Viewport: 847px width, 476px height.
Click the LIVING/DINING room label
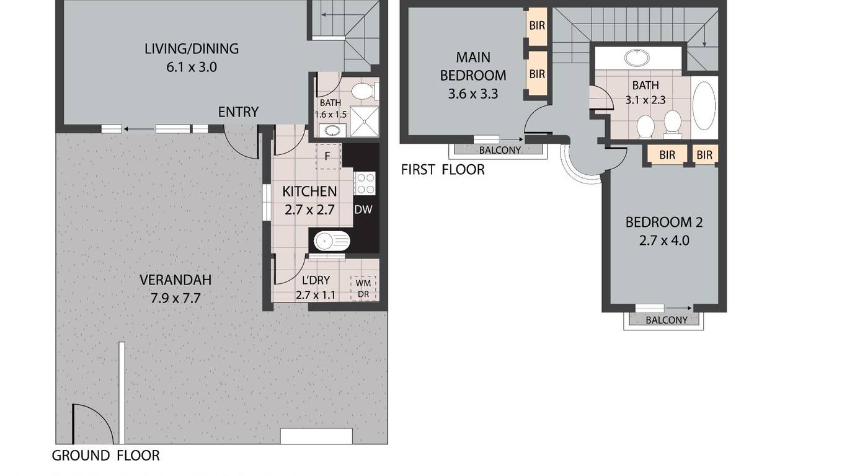tap(192, 49)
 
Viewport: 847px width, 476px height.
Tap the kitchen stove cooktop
tap(365, 183)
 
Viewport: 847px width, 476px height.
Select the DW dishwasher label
tap(363, 209)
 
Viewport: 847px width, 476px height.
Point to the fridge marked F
tap(328, 156)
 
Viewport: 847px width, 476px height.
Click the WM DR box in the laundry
tap(363, 288)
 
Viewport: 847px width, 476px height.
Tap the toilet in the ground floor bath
tap(365, 91)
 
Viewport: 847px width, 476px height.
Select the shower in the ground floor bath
tap(364, 121)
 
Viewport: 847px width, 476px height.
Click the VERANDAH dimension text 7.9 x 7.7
tap(175, 299)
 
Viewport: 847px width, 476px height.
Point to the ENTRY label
tap(238, 112)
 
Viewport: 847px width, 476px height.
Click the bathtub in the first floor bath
tap(704, 107)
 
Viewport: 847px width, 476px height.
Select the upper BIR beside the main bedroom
tap(538, 25)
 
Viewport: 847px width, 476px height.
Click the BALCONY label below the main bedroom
tap(500, 150)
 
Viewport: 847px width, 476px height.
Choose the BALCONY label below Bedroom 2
tap(667, 320)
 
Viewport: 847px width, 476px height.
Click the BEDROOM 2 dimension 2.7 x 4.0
tap(664, 240)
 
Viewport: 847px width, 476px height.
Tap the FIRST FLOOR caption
tap(443, 170)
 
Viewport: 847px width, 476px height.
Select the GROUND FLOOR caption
tap(106, 456)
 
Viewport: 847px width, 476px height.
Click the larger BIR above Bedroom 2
tap(667, 154)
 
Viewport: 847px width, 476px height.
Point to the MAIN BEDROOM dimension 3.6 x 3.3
tap(473, 94)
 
